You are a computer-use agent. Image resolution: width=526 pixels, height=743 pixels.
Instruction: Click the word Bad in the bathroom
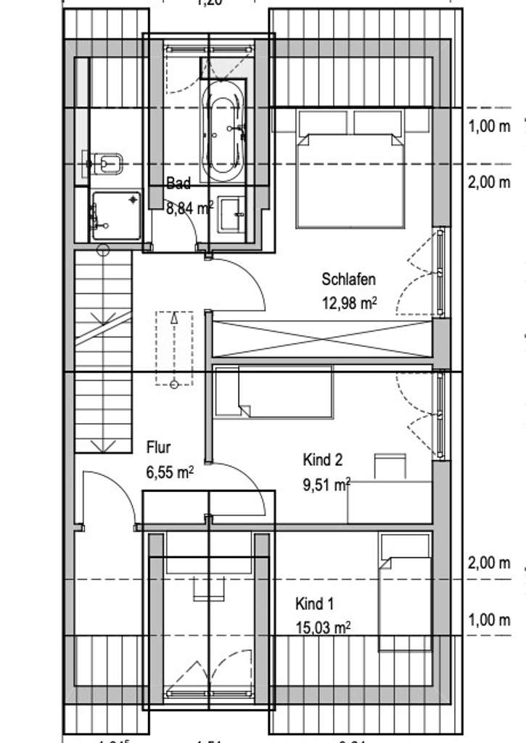(178, 184)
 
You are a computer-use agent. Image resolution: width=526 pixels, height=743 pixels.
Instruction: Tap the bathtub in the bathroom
(223, 131)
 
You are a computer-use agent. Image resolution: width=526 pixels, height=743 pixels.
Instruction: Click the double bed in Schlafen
(350, 171)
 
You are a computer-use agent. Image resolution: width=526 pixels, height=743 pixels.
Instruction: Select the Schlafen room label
(349, 279)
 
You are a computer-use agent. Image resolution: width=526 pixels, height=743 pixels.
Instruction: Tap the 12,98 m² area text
(349, 303)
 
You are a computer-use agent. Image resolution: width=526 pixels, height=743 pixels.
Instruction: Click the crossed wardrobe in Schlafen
(322, 338)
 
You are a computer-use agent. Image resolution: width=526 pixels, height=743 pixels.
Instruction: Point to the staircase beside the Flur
(103, 348)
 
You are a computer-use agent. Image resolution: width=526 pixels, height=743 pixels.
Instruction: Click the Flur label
(159, 446)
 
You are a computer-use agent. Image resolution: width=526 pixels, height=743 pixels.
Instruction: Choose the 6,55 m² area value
(170, 472)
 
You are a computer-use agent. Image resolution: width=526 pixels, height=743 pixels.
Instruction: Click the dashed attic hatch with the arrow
(173, 348)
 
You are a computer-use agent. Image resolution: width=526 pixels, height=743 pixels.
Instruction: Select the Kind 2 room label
(322, 459)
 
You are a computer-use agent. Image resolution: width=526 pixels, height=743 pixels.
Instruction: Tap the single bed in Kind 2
(274, 392)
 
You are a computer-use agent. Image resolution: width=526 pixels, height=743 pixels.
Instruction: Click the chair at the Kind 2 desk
(390, 466)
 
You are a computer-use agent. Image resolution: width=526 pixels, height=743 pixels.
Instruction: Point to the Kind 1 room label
(314, 604)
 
